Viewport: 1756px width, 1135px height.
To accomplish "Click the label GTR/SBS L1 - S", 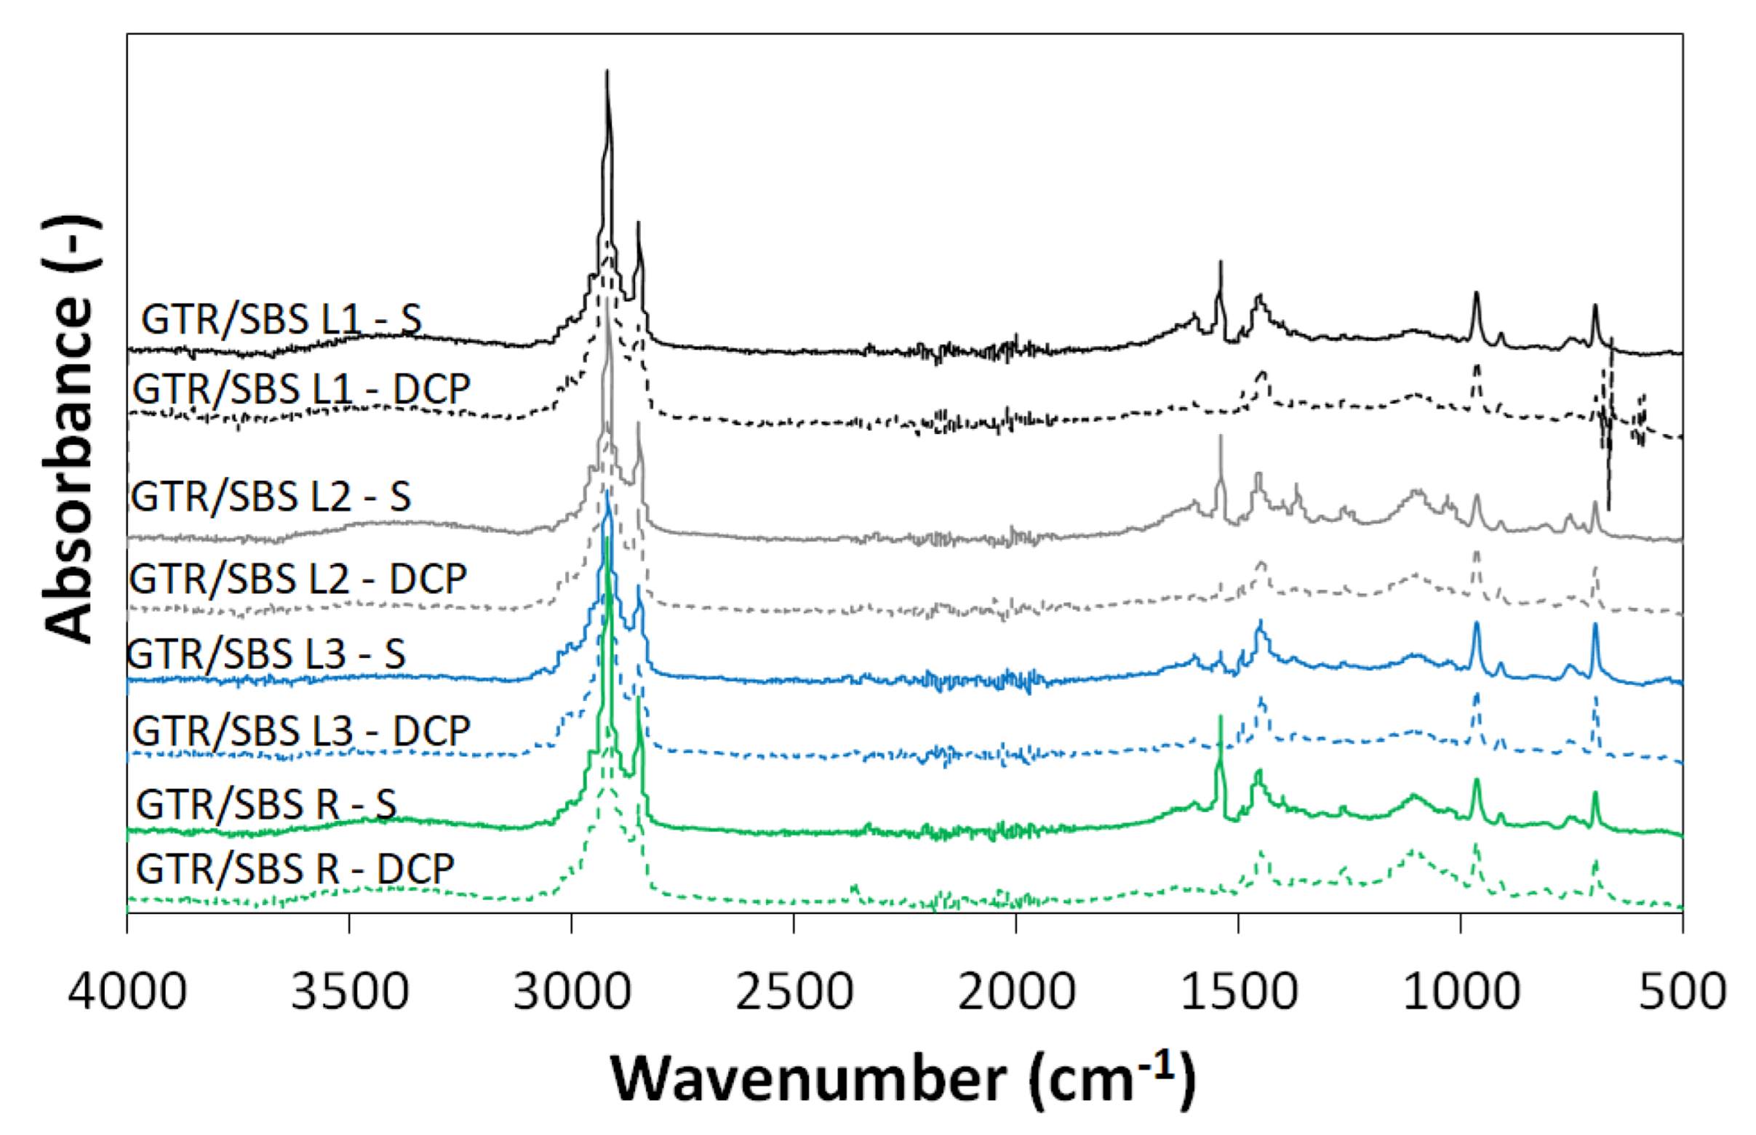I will (x=282, y=320).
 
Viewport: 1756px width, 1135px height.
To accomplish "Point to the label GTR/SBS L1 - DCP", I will (x=301, y=388).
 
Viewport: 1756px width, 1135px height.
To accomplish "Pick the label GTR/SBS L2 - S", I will (x=271, y=496).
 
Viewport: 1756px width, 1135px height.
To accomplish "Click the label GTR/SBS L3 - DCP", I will (x=301, y=731).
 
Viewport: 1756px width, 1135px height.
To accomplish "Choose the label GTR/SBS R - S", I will (x=266, y=803).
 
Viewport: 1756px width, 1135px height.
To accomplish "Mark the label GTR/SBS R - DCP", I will (x=295, y=868).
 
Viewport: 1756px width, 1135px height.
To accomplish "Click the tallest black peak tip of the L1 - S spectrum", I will (x=607, y=71).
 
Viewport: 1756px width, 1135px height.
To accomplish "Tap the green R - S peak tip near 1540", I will (x=1221, y=715).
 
